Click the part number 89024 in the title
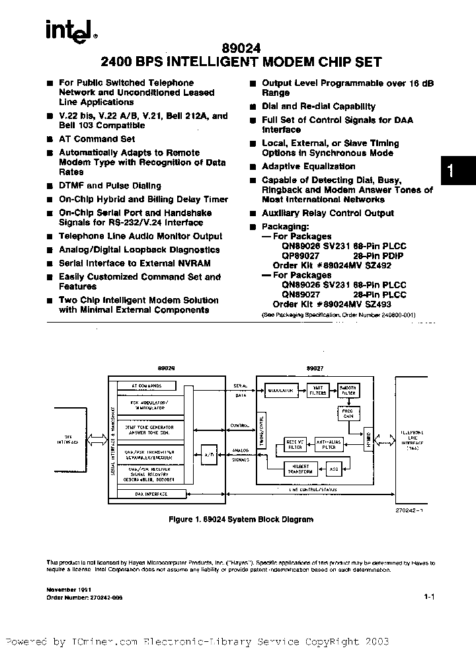tap(240, 48)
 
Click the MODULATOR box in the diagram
tap(280, 391)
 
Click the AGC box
tap(332, 469)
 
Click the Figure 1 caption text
tap(239, 520)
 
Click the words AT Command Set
tap(97, 139)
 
